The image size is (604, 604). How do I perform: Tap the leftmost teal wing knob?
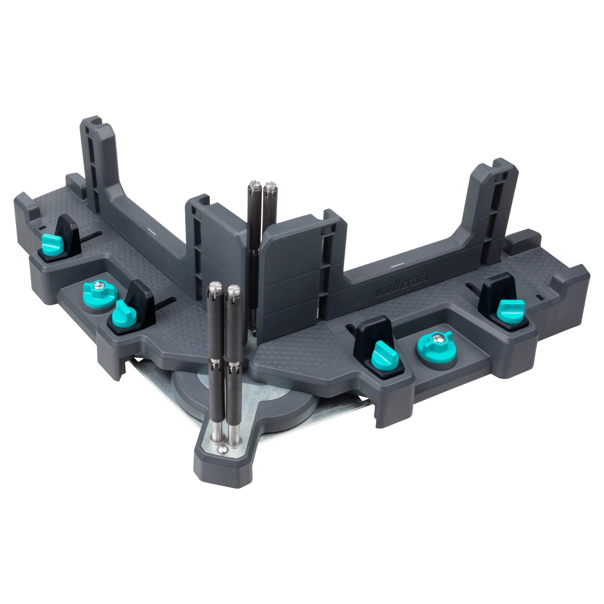tap(52, 244)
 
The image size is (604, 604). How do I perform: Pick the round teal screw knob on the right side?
tap(435, 343)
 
